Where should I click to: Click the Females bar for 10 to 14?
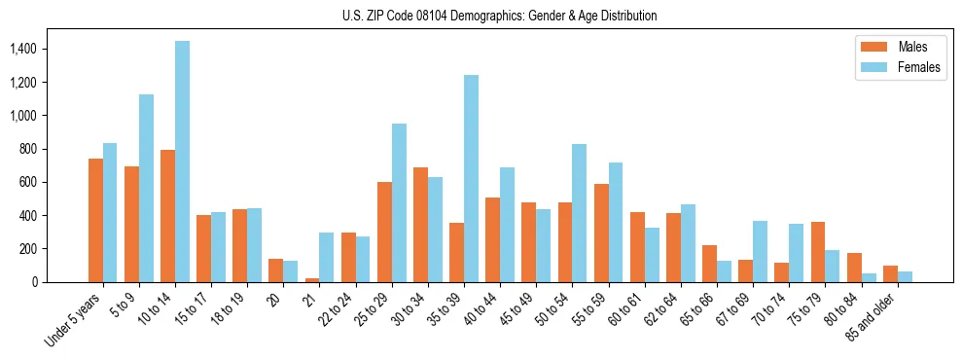[x=182, y=162]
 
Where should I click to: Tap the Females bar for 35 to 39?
[x=471, y=178]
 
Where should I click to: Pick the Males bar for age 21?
[x=312, y=279]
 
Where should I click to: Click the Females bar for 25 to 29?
[x=399, y=202]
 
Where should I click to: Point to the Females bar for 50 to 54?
[x=579, y=213]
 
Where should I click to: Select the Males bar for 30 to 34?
[x=420, y=225]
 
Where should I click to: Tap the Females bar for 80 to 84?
[x=869, y=277]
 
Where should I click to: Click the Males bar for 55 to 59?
[x=601, y=233]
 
